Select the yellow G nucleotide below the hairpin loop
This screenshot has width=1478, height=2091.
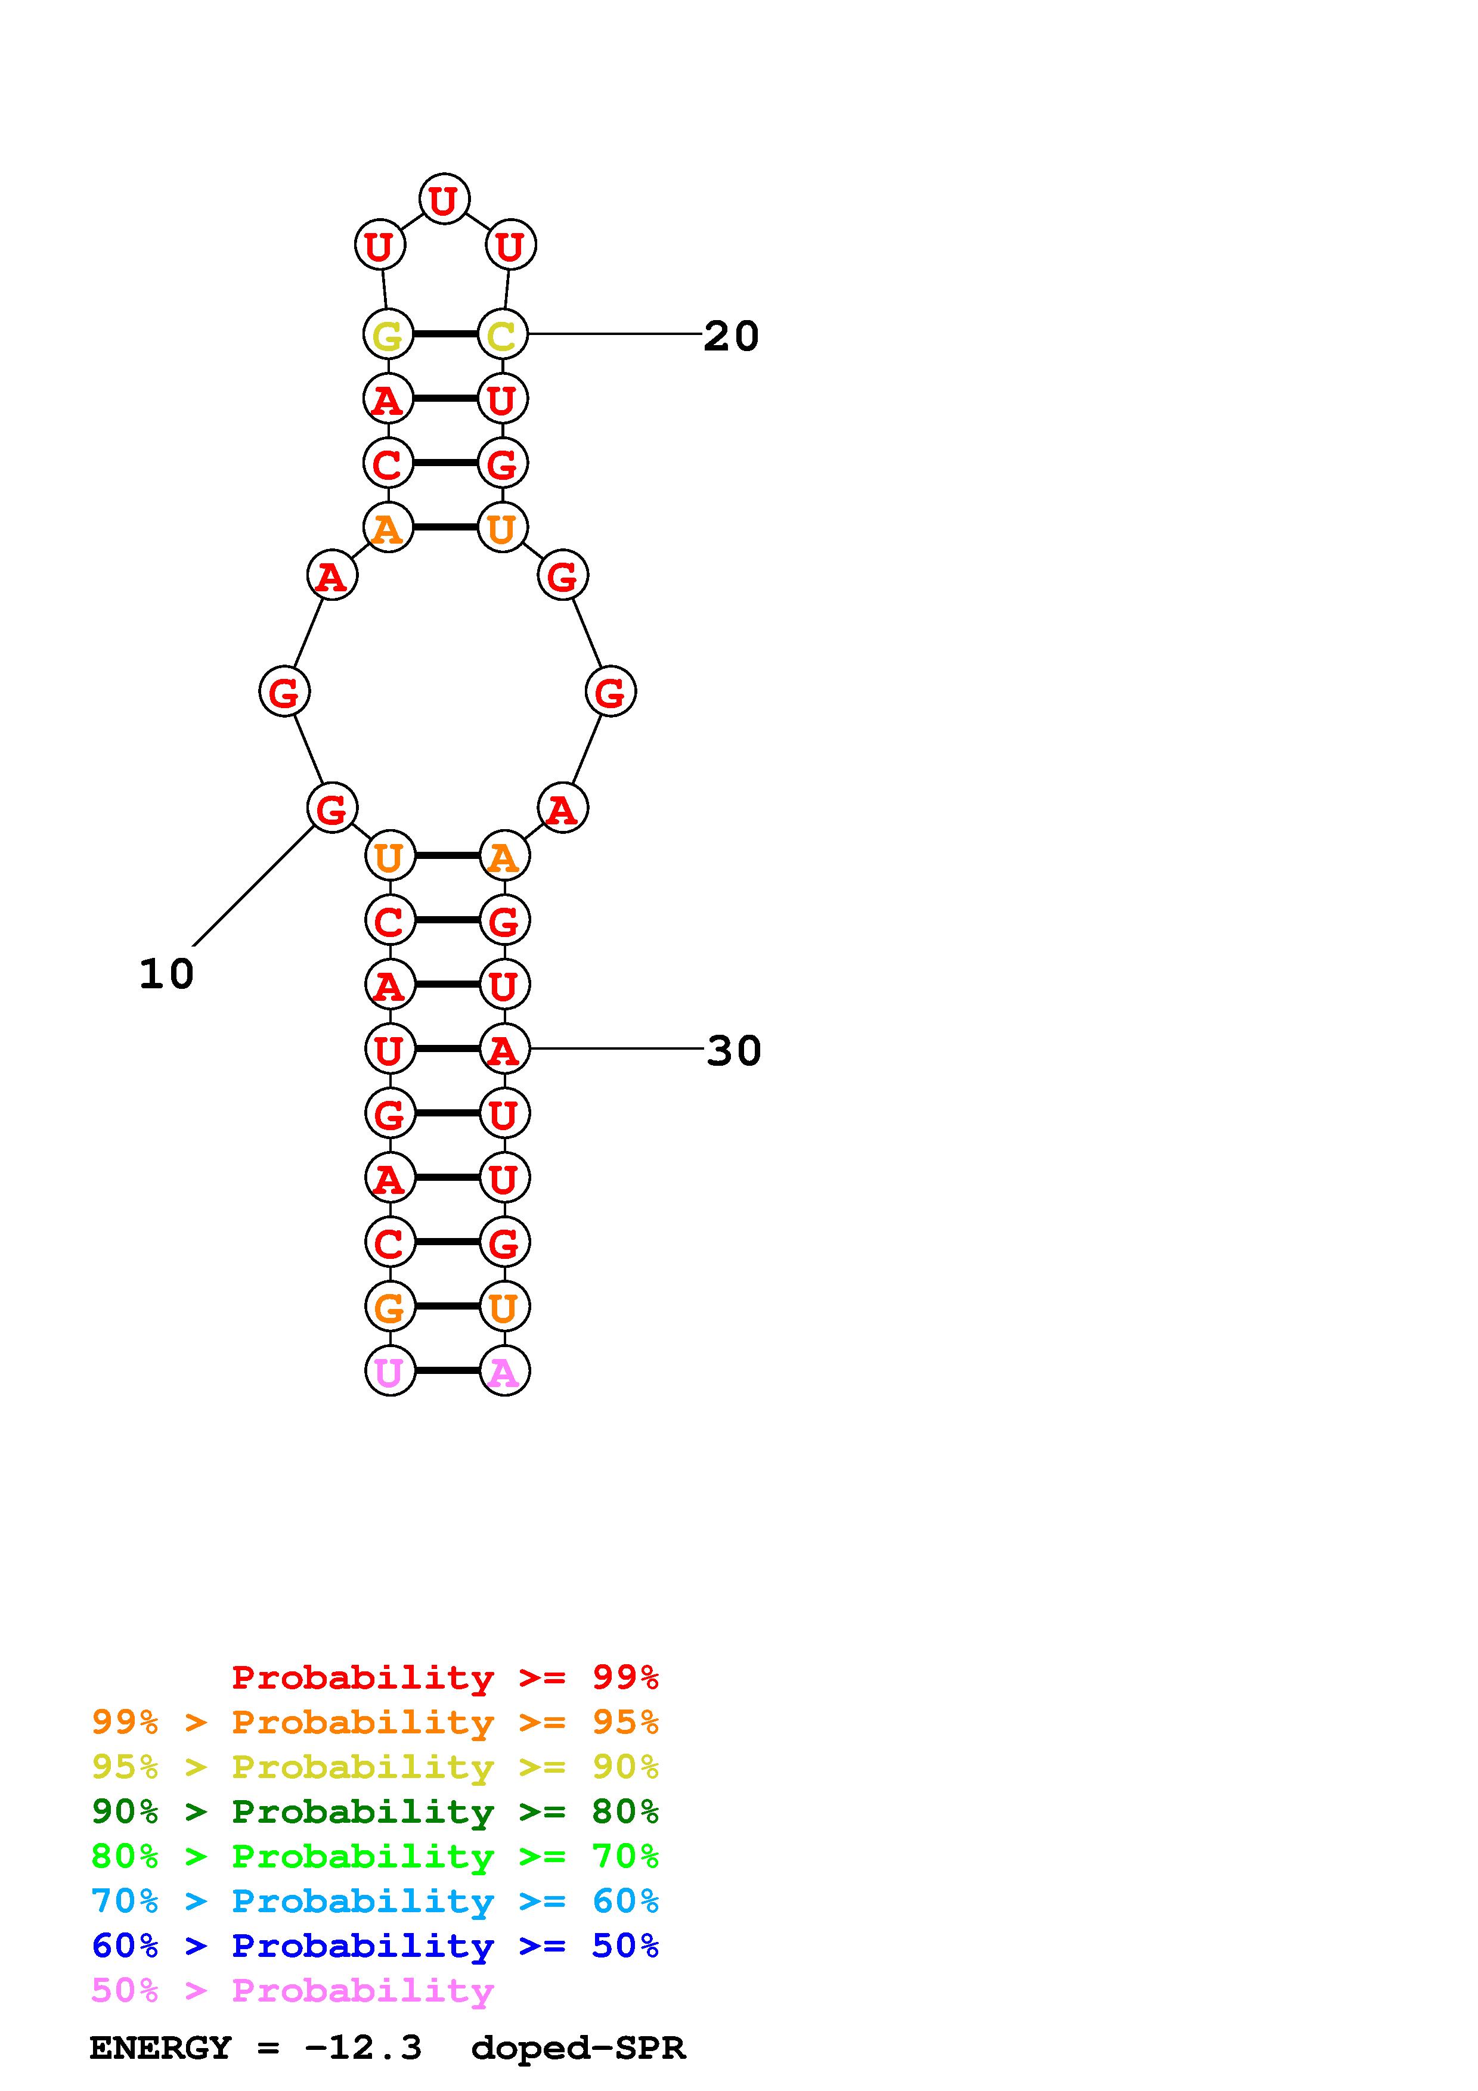[x=388, y=335]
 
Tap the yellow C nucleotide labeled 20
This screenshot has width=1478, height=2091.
[x=503, y=335]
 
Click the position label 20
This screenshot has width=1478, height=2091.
[x=732, y=336]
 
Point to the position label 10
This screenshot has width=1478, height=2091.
[x=167, y=973]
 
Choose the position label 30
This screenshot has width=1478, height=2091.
[x=733, y=1050]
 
